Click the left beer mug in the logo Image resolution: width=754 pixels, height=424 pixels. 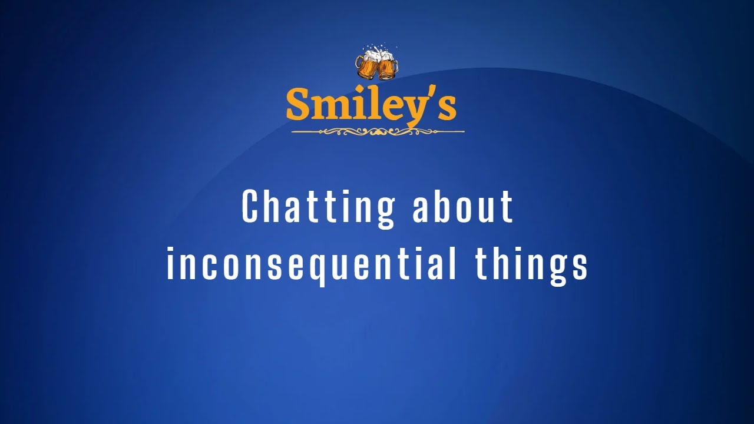368,67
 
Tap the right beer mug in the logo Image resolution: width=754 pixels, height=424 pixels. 386,68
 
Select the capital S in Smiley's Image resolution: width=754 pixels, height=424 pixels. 298,105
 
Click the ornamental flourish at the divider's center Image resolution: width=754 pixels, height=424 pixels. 378,132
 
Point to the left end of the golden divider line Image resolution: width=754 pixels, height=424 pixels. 293,132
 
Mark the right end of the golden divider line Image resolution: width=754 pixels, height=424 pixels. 463,132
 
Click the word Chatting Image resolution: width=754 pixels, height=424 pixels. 318,207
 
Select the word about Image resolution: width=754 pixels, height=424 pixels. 463,207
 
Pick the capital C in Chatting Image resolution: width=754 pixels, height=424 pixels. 250,207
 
